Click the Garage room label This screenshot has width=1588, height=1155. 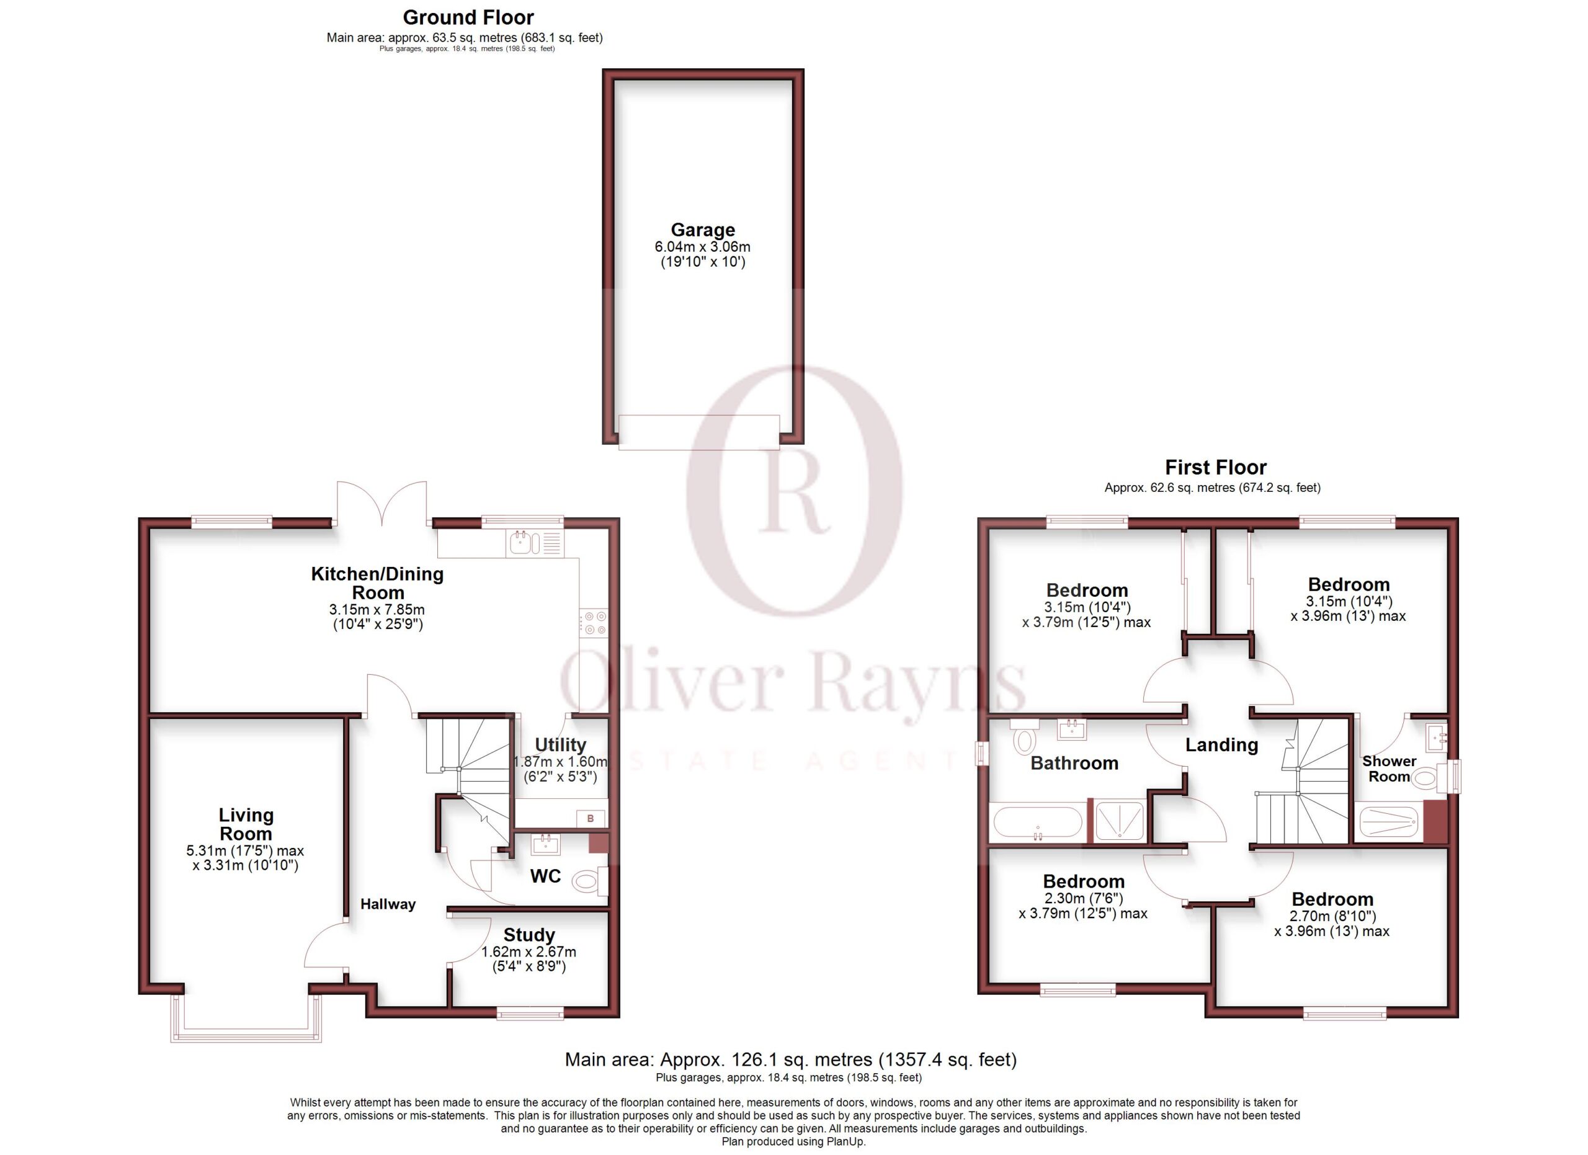click(x=702, y=230)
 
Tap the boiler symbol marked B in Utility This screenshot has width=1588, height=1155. click(x=591, y=818)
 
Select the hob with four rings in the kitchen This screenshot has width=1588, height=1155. click(x=594, y=622)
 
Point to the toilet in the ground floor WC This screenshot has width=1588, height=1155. click(x=589, y=881)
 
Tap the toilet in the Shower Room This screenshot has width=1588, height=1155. click(x=1426, y=777)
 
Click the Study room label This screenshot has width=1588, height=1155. click(x=529, y=935)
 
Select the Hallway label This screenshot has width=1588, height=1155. click(x=388, y=904)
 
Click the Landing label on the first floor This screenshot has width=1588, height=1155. click(x=1221, y=745)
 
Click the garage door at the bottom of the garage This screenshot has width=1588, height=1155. click(x=698, y=432)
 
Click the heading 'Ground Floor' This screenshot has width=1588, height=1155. click(x=468, y=17)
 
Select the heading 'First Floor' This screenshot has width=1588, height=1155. click(x=1216, y=467)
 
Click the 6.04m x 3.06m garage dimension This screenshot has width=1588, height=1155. click(x=702, y=246)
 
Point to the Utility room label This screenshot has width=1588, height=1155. click(x=560, y=744)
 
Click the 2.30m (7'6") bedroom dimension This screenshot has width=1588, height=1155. click(x=1083, y=898)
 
